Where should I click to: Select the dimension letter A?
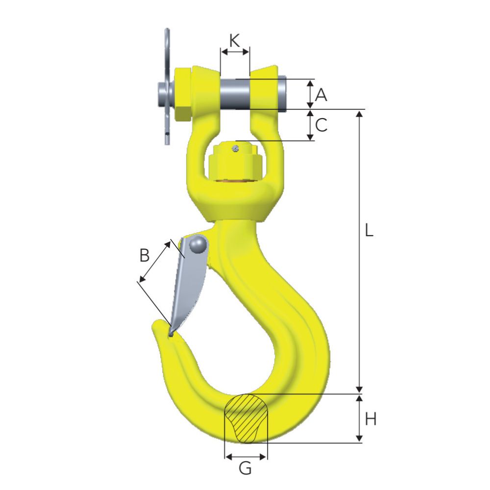(x=321, y=95)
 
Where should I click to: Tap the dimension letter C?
(x=321, y=125)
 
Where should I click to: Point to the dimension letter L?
(x=369, y=230)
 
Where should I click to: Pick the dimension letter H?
(x=370, y=419)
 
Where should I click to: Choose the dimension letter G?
(x=245, y=468)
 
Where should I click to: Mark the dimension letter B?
(x=145, y=255)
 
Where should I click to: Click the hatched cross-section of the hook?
(x=246, y=418)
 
